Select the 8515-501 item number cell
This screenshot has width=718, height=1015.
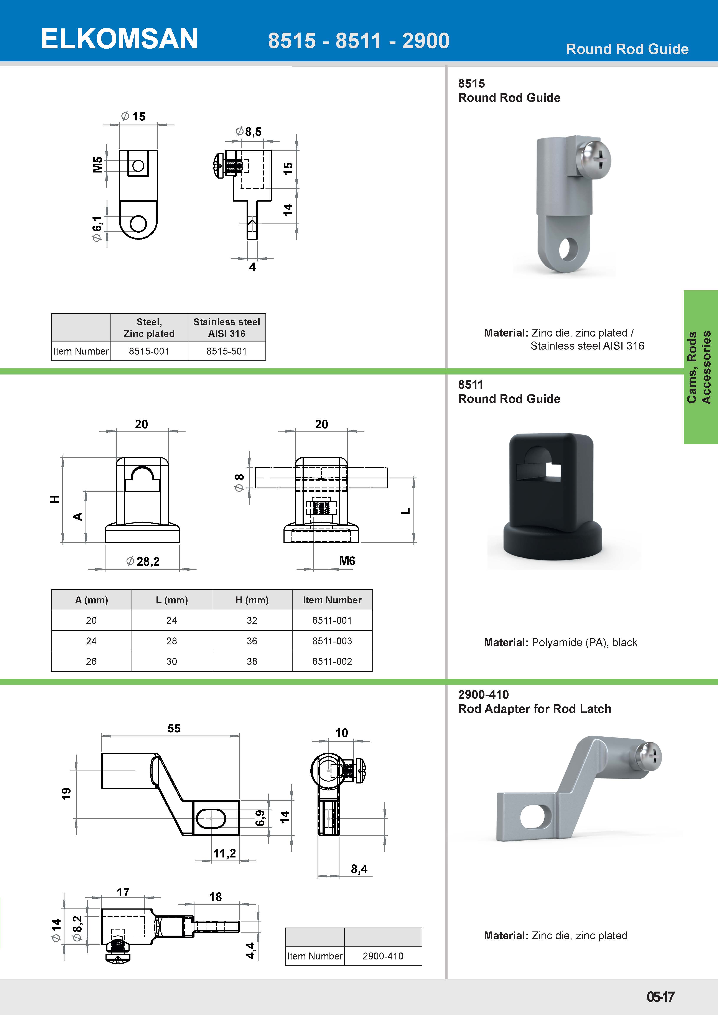point(226,351)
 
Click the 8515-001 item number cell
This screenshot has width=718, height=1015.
point(149,351)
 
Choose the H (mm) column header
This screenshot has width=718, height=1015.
point(252,600)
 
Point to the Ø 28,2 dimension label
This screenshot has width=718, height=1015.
point(143,562)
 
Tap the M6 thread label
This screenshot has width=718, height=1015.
point(347,561)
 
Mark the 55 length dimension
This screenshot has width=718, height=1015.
point(174,728)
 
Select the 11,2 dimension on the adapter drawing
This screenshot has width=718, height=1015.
point(225,853)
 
